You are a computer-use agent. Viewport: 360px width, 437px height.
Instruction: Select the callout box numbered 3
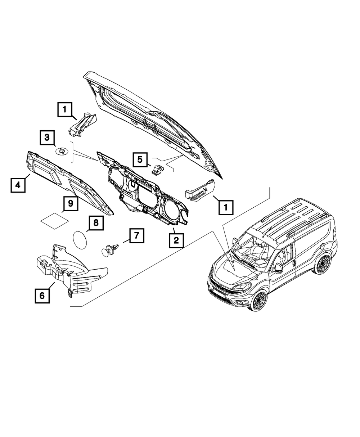click(x=48, y=138)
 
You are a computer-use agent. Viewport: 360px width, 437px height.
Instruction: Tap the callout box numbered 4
click(x=18, y=185)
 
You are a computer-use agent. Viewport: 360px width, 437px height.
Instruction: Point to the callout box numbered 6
click(x=42, y=296)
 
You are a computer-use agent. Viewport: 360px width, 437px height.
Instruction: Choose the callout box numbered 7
click(x=136, y=236)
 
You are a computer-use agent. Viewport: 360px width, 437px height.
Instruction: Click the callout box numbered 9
click(x=71, y=203)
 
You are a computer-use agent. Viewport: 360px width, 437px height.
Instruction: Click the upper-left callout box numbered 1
click(x=65, y=109)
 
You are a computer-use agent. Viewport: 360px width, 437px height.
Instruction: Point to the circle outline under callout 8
click(x=80, y=239)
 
